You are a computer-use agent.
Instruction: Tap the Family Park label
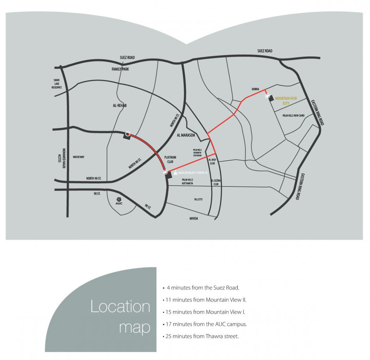pyautogui.click(x=120, y=69)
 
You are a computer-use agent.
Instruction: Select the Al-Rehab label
pyautogui.click(x=120, y=106)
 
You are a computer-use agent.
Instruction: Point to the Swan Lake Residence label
pyautogui.click(x=57, y=84)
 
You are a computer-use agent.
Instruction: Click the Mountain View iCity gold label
pyautogui.click(x=286, y=101)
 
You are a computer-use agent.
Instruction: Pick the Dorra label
pyautogui.click(x=255, y=89)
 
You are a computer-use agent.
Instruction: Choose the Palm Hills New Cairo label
pyautogui.click(x=293, y=116)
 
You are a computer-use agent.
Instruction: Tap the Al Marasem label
pyautogui.click(x=186, y=135)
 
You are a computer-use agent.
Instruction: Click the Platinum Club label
pyautogui.click(x=170, y=159)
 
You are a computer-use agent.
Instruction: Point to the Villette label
pyautogui.click(x=198, y=199)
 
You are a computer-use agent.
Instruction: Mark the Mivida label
pyautogui.click(x=194, y=218)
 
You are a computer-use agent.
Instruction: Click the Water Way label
pyautogui.click(x=79, y=157)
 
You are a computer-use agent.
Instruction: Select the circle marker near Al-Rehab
pyautogui.click(x=128, y=134)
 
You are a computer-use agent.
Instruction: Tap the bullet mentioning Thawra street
pyautogui.click(x=201, y=336)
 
